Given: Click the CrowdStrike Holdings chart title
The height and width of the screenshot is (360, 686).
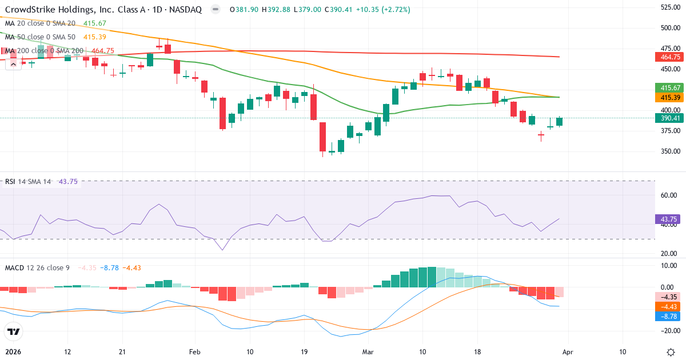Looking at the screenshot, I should (x=103, y=10).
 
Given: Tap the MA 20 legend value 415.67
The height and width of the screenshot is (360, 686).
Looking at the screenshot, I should (x=95, y=23).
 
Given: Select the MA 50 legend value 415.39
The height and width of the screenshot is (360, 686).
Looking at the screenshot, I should (x=95, y=37).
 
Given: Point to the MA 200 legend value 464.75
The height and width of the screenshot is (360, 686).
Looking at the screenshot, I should (x=103, y=51).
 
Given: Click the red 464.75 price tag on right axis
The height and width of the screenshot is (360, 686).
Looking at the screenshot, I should (x=667, y=57).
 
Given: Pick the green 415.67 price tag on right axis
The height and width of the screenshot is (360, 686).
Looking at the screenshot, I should (x=667, y=88).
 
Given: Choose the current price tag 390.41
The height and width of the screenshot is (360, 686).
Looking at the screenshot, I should (x=667, y=118).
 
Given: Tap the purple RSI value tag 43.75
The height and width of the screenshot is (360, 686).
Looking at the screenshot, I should (x=667, y=219).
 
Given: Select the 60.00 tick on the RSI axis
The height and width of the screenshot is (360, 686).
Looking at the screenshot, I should (x=669, y=195).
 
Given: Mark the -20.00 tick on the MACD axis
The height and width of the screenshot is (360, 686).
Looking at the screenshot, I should (x=668, y=330).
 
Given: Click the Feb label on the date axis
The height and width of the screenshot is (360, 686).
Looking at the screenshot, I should (x=196, y=352).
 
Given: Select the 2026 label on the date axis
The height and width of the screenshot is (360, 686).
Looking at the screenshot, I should (x=13, y=352).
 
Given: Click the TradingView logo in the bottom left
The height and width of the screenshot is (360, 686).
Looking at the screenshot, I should (x=14, y=331).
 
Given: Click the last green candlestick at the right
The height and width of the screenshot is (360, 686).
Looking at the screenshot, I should (x=559, y=122).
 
